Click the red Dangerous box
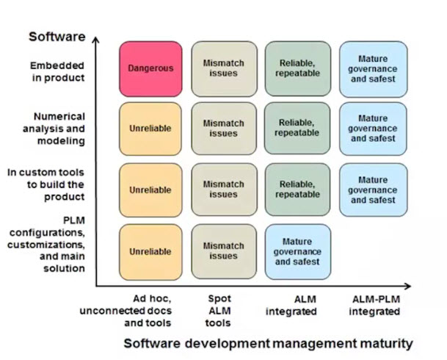click(x=150, y=68)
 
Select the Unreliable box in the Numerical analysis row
click(x=150, y=128)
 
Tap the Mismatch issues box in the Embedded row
click(x=224, y=68)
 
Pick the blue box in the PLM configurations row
click(x=297, y=251)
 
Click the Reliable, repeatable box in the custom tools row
click(x=297, y=190)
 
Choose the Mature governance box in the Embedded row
click(x=372, y=68)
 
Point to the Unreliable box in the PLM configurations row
click(x=150, y=251)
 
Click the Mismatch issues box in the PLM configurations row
click(x=224, y=251)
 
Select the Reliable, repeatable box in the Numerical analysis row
click(x=297, y=128)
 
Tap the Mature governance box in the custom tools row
click(x=372, y=190)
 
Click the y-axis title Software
click(x=57, y=36)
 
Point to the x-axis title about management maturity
click(x=268, y=343)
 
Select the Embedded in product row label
click(x=57, y=71)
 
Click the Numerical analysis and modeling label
click(x=59, y=128)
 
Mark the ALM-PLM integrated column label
click(x=374, y=306)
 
